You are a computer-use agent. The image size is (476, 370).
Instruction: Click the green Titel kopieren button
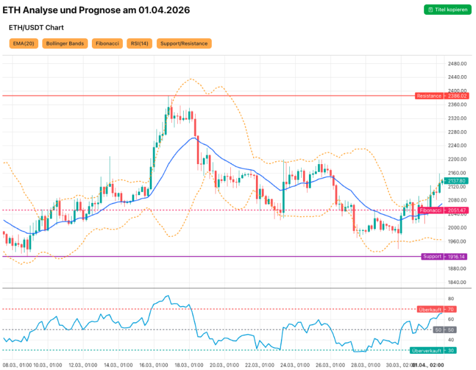[446, 10]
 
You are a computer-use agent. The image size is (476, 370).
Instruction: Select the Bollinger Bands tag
[65, 44]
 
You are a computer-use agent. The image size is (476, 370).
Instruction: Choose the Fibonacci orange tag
[107, 44]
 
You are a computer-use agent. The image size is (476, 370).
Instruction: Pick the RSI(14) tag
[140, 44]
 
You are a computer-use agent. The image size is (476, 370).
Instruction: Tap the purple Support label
[432, 257]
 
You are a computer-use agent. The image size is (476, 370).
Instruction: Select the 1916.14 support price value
[456, 257]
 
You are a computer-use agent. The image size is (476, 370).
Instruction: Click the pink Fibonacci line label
[431, 211]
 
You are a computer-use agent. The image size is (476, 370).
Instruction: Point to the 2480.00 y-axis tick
[457, 64]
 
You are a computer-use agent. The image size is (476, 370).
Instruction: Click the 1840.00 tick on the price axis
[457, 282]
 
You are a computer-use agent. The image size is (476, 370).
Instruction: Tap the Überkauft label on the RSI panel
[429, 309]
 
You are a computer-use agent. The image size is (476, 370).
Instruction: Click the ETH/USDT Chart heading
[36, 27]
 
